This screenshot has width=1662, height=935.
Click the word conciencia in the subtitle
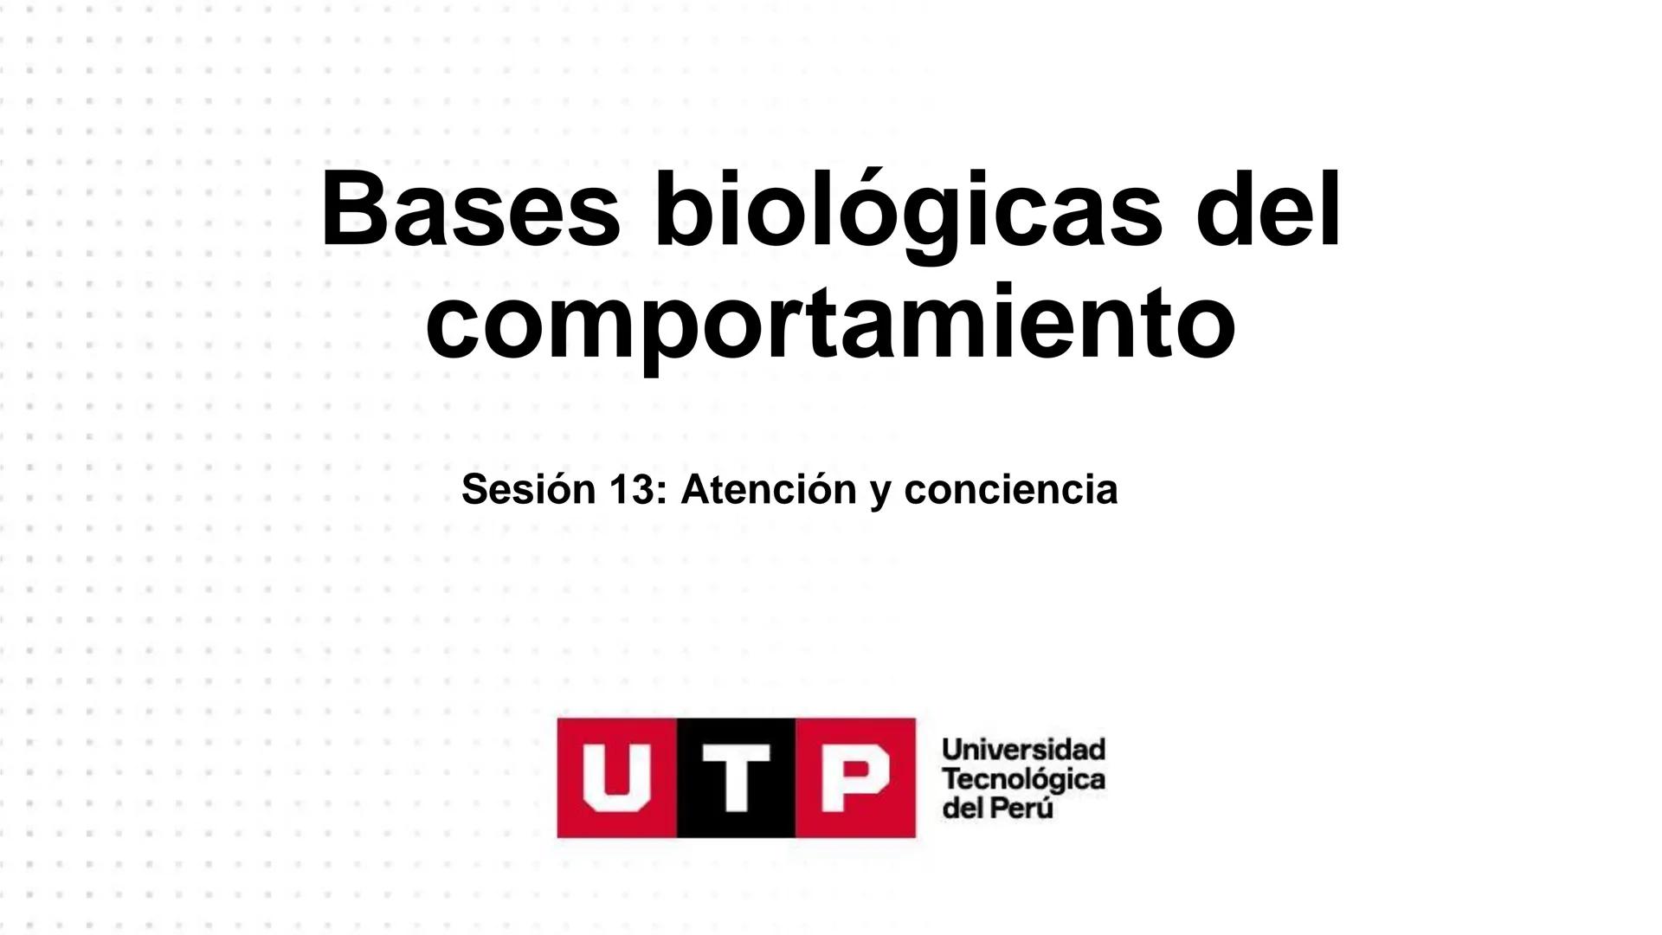point(1010,490)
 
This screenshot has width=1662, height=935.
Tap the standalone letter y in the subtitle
point(880,493)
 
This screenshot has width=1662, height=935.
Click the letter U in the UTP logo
point(616,777)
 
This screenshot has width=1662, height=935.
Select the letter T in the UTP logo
point(736,777)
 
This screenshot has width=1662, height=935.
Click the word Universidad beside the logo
point(1023,749)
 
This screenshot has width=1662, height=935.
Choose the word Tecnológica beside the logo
point(1023,779)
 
